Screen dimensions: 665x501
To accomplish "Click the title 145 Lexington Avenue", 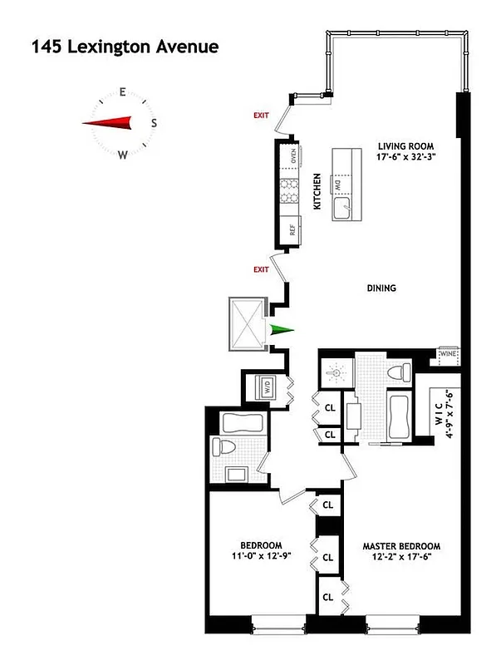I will click(125, 47).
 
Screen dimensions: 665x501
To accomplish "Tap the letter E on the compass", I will click(122, 93).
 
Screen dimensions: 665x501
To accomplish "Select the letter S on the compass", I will click(154, 123).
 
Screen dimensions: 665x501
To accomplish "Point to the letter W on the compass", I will click(123, 154).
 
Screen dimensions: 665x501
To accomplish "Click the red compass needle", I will click(108, 123).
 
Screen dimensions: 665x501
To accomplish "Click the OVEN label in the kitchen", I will click(293, 155).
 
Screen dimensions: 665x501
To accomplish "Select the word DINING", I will click(381, 288).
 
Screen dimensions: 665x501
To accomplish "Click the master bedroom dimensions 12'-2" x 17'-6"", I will click(400, 558).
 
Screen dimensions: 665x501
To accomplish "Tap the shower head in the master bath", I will click(336, 373).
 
